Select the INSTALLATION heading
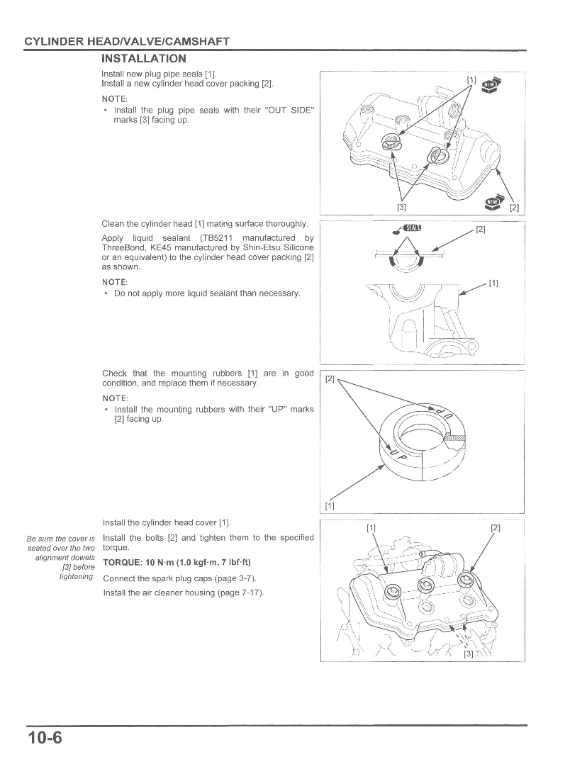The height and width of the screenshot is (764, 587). [x=144, y=58]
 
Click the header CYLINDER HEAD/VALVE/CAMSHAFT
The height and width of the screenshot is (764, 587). [x=127, y=41]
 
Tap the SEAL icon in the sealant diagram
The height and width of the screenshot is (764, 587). [x=411, y=227]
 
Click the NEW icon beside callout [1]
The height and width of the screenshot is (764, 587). [x=491, y=85]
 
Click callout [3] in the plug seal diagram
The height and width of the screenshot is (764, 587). [x=401, y=207]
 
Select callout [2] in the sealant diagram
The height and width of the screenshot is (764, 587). [x=480, y=230]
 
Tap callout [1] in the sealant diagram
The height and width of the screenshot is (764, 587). [x=493, y=283]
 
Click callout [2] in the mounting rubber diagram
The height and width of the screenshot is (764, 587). [x=330, y=379]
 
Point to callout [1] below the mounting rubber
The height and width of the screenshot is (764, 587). [x=330, y=505]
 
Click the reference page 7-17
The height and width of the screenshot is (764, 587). [x=251, y=592]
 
